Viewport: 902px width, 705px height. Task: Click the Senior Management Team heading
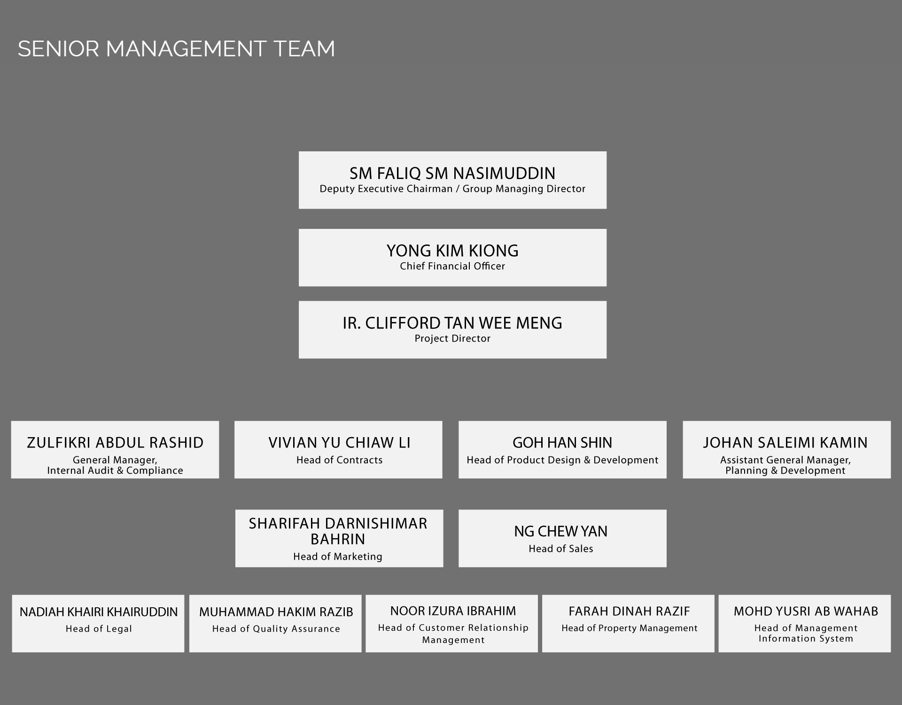pos(176,49)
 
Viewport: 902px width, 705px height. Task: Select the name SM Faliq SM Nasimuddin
pos(452,173)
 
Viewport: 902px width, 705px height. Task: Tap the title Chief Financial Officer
pos(452,266)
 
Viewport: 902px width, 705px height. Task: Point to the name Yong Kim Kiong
pos(452,251)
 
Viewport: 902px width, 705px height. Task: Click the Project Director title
pos(452,338)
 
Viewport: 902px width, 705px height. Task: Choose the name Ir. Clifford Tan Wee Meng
pos(452,323)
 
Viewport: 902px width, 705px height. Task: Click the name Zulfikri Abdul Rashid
pos(115,443)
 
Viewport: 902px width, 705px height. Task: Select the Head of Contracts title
pos(339,460)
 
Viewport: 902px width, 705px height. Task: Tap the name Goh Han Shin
pos(562,443)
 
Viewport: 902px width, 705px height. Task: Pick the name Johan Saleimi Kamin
pos(785,443)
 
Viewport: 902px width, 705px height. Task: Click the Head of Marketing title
pos(338,556)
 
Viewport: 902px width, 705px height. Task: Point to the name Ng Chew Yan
pos(561,531)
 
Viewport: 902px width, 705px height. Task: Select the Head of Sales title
pos(561,548)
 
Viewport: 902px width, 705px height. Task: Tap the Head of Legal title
pos(99,629)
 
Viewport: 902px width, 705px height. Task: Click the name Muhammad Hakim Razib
pos(276,612)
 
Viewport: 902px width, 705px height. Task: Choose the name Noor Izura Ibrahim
pos(453,611)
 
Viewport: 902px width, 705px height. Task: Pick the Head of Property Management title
pos(630,628)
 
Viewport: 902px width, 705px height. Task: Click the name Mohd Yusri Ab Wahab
pos(806,611)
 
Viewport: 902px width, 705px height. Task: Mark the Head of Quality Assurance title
pos(276,629)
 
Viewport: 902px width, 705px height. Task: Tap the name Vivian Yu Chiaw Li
pos(339,443)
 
